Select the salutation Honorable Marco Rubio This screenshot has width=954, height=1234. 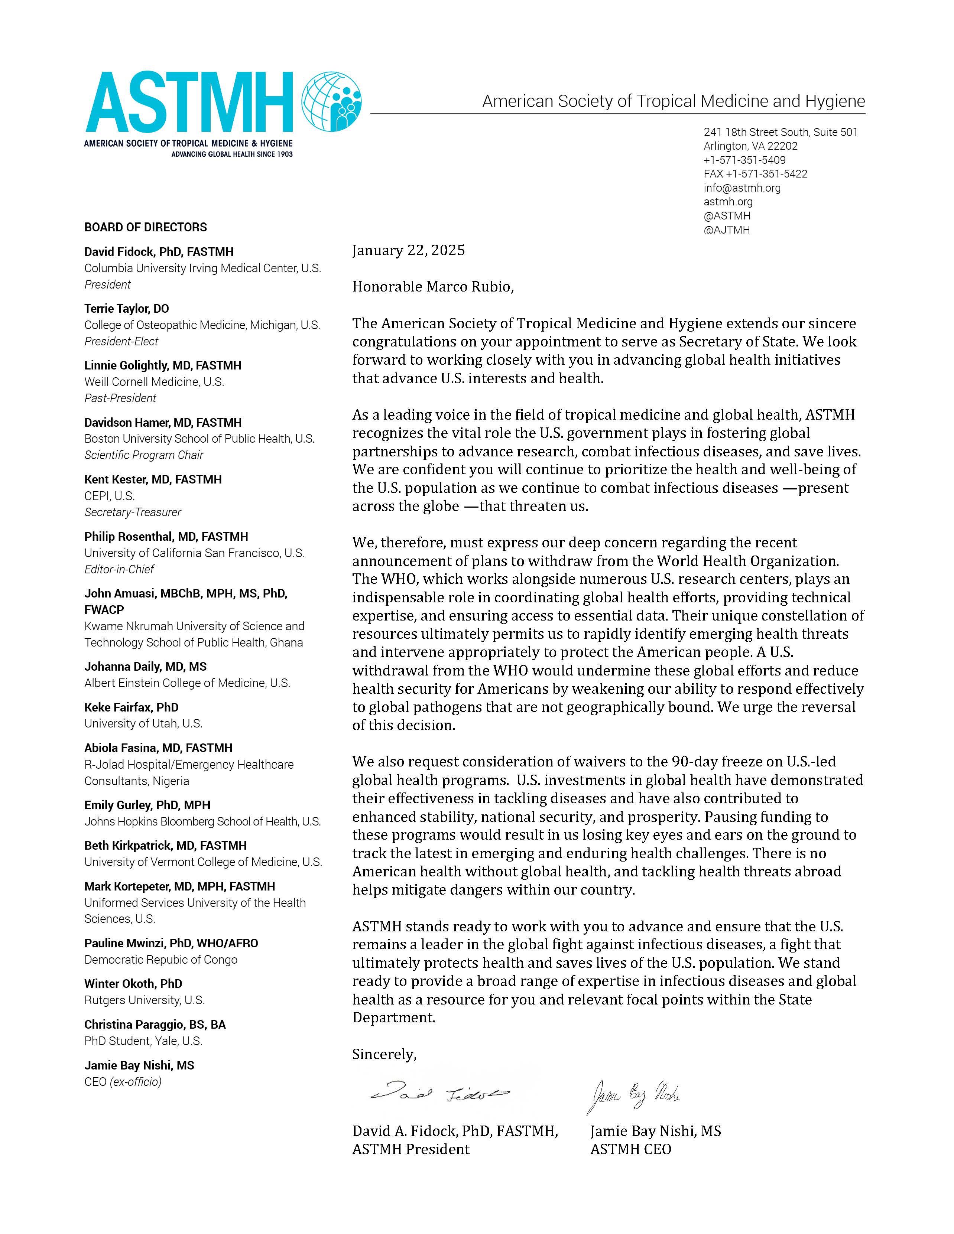433,287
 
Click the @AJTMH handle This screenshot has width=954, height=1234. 726,230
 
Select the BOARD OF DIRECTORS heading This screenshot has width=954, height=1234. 146,227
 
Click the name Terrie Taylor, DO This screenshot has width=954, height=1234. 127,309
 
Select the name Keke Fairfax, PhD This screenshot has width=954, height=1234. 131,707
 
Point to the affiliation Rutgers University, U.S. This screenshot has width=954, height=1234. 144,1000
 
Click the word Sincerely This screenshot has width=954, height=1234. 384,1054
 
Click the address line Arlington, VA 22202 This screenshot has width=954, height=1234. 750,146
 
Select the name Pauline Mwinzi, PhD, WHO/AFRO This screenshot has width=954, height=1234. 171,943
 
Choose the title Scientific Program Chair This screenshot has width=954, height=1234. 143,455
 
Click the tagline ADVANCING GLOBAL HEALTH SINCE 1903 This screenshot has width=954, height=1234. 232,154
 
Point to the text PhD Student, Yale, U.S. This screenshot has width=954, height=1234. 143,1041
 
